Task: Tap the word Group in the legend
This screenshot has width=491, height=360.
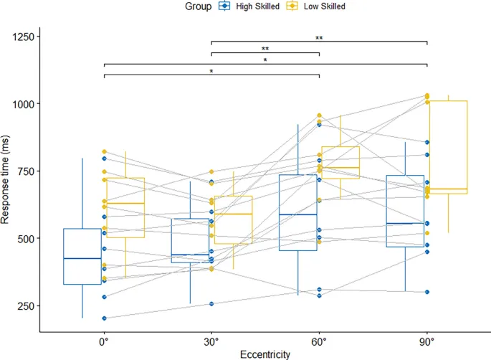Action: point(194,6)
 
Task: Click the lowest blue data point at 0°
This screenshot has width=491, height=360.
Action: point(104,318)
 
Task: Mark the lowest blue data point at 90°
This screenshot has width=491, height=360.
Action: point(426,292)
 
